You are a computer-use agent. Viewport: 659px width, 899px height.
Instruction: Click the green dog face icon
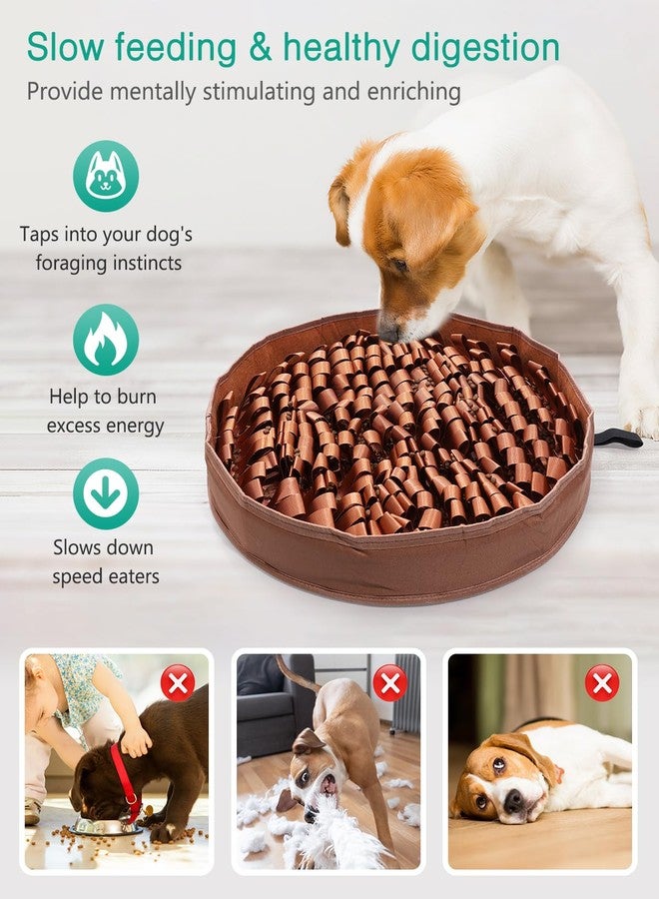coord(105,176)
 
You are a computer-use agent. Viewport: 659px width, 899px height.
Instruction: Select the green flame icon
coord(105,340)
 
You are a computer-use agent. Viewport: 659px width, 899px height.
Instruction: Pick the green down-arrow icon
coord(105,493)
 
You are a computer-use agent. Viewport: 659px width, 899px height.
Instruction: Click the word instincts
coord(148,264)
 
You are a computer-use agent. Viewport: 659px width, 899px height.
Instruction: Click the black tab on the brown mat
coord(617,438)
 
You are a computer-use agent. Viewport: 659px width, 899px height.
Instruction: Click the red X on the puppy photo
coord(178,684)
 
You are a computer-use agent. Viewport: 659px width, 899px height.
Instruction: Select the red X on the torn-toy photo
coord(389,684)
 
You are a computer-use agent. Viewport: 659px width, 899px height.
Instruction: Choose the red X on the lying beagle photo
coord(601,684)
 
